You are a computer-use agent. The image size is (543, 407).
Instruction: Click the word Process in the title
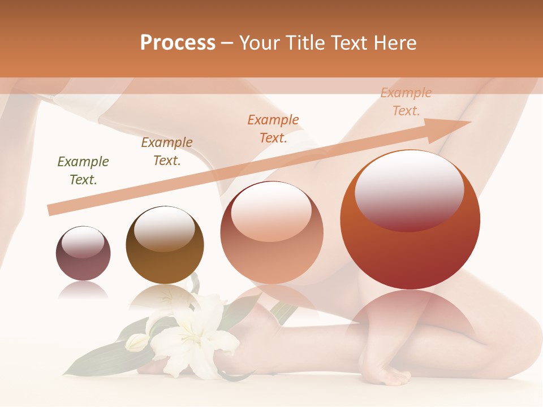[x=178, y=43]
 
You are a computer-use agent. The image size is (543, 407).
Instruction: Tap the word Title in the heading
[x=305, y=43]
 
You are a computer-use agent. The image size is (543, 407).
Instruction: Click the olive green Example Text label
[x=83, y=171]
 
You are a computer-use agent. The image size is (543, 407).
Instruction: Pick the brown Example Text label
[x=167, y=151]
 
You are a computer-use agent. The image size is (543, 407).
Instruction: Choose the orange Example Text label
[x=273, y=128]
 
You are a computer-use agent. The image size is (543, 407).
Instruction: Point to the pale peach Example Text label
[x=406, y=102]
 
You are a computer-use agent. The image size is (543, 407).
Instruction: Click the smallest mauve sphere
[x=83, y=253]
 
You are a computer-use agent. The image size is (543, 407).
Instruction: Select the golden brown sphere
[x=165, y=245]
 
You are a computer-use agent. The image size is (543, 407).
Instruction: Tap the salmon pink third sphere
[x=271, y=233]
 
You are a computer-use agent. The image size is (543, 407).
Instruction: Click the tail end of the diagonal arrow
[x=52, y=210]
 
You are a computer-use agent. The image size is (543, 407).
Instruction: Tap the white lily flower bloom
[x=195, y=336]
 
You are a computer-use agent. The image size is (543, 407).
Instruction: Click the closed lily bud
[x=136, y=343]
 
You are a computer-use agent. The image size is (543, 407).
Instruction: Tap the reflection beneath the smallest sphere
[x=83, y=290]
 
